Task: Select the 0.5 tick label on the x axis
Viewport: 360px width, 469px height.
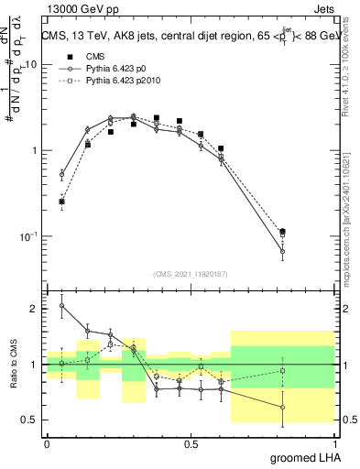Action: tap(191, 442)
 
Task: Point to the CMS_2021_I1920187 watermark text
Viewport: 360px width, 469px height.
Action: tap(191, 274)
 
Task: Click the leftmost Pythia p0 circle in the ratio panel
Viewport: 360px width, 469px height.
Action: tap(62, 306)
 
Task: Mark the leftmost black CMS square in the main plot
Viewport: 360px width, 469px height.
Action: tap(62, 202)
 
